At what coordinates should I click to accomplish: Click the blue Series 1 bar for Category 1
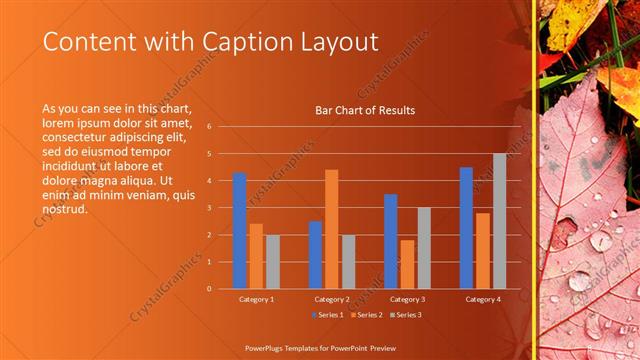coord(239,231)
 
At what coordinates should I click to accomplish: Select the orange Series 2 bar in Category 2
coord(331,229)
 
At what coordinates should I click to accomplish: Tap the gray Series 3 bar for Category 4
coord(499,221)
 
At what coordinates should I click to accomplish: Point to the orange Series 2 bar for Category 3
coord(406,264)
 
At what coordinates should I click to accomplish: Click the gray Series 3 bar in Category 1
coord(273,261)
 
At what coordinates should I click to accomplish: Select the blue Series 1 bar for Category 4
coord(466,228)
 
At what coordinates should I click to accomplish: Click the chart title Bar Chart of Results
coord(365,110)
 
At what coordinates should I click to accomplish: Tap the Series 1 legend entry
coord(328,315)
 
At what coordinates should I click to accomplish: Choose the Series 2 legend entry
coord(366,315)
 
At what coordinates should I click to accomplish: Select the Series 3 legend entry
coord(404,315)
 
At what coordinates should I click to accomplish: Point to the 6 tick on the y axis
coord(209,127)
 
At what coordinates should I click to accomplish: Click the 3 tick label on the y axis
coord(209,208)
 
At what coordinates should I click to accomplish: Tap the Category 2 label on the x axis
coord(331,299)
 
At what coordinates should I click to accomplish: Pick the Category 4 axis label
coord(482,299)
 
